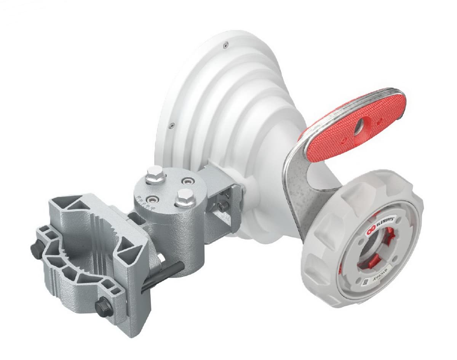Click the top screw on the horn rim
coord(226,45)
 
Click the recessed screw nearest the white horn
coord(187,180)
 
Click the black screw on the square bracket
coord(223,206)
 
